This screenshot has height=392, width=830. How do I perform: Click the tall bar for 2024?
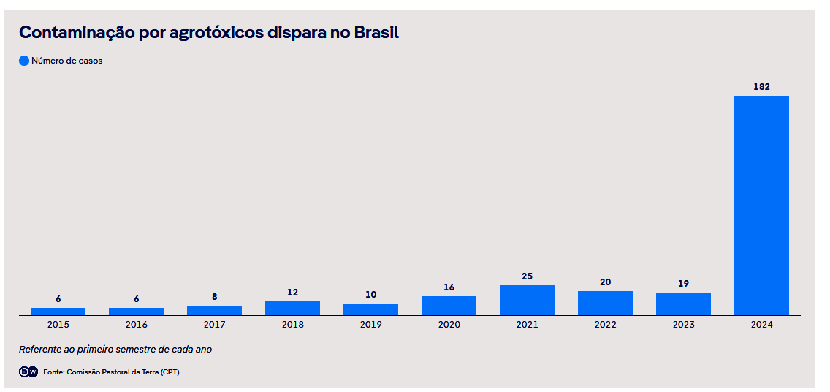point(761,205)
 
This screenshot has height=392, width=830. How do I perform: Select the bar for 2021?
point(527,300)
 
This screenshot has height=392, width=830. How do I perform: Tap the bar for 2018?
point(292,308)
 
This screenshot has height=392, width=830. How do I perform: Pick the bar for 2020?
point(449,306)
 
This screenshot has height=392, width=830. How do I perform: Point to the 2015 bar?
point(58,312)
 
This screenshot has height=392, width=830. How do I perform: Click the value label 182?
point(761,86)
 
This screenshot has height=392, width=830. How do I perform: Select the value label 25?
point(527,276)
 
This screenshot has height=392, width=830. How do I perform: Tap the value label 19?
point(683,283)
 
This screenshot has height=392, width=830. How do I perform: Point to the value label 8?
point(214,297)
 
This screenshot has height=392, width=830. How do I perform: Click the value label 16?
point(449,287)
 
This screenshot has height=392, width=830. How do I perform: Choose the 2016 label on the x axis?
point(136,325)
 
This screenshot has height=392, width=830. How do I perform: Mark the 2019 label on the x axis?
point(370,325)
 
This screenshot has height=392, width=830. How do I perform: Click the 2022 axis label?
point(605,325)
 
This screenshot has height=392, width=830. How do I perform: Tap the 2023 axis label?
point(683,325)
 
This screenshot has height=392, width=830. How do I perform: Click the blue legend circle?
point(24,61)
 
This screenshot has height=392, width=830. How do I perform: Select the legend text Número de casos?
point(66,61)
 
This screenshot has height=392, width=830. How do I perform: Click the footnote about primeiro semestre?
point(115,350)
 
